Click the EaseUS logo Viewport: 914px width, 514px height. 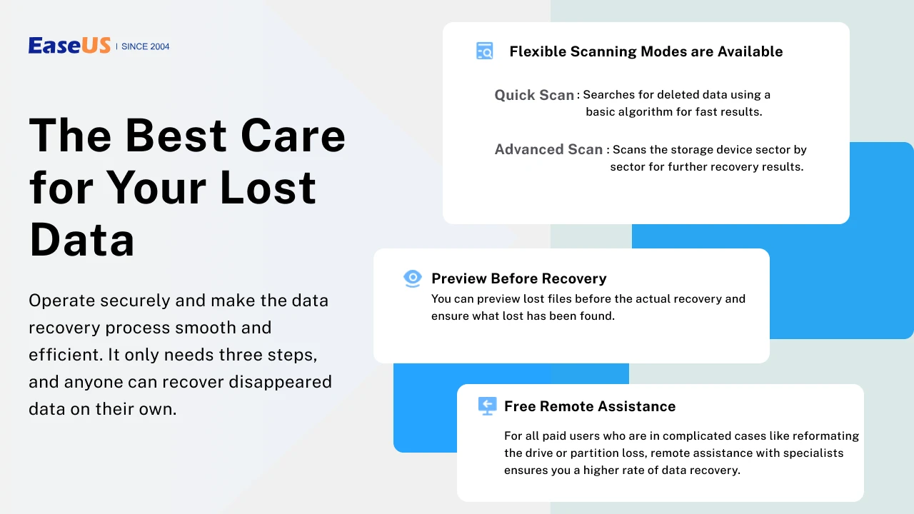click(69, 45)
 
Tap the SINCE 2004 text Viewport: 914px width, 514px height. click(145, 46)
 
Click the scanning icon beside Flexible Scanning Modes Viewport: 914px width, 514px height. click(484, 51)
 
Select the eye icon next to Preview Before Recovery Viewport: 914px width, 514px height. click(413, 278)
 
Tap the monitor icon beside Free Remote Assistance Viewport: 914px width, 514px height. click(487, 406)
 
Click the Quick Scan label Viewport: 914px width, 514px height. click(534, 95)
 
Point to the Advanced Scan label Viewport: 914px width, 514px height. click(548, 149)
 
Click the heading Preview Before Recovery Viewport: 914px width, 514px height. click(519, 278)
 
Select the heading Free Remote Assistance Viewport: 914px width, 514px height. click(590, 406)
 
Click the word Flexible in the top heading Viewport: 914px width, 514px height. click(538, 51)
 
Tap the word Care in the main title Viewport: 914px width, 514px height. click(293, 136)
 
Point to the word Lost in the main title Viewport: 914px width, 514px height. click(268, 187)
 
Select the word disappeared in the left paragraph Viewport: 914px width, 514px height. click(280, 383)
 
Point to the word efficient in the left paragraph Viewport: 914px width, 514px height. click(65, 355)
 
